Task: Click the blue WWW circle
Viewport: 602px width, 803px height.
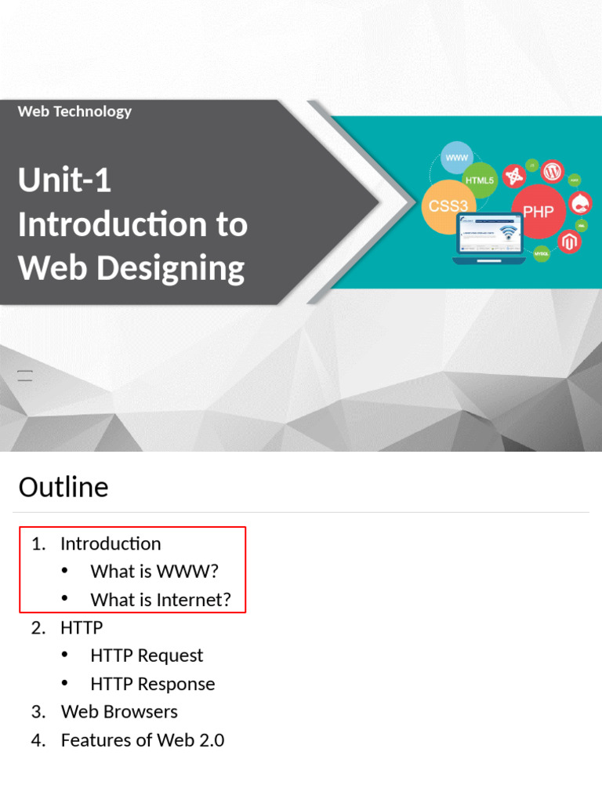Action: (457, 158)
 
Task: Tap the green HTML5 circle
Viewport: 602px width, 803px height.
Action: (480, 180)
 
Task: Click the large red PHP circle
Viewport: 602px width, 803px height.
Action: (538, 211)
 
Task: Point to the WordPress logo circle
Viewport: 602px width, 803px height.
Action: (553, 170)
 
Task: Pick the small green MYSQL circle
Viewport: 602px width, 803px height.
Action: (542, 254)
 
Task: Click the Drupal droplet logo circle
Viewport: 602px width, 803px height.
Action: (581, 205)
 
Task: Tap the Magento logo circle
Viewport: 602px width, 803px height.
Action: (569, 242)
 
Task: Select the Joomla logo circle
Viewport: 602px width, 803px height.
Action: (514, 176)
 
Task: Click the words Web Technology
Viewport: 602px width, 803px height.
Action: (74, 111)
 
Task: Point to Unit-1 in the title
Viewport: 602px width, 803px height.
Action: (64, 180)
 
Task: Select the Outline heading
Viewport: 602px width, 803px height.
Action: (63, 487)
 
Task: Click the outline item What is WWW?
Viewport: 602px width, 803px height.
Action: (154, 572)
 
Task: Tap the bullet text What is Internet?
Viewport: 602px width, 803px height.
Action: (161, 600)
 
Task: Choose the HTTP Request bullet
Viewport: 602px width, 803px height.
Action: (147, 656)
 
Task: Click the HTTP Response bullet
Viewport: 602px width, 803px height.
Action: (152, 684)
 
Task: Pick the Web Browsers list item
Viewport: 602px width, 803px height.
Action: (119, 711)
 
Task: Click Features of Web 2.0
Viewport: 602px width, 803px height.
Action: (142, 739)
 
